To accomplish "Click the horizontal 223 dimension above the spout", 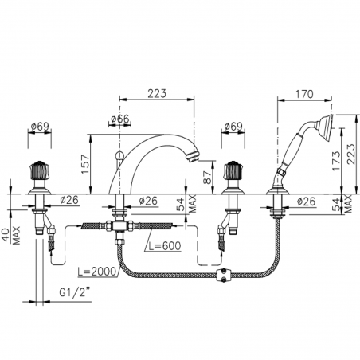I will click(156, 93).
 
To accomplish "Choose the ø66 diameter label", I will click(119, 119).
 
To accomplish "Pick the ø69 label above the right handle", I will click(233, 126).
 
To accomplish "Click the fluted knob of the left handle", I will click(38, 170).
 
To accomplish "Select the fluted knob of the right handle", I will click(233, 170).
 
